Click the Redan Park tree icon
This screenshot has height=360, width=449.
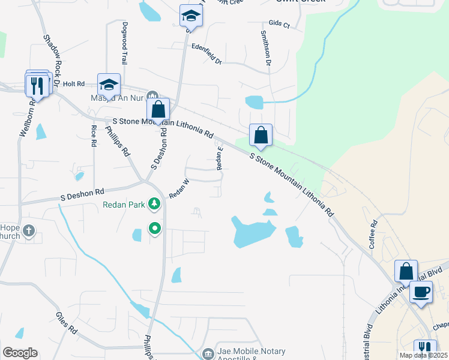tap(155, 205)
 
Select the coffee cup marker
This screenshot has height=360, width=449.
tap(420, 293)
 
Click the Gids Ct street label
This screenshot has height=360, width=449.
tap(280, 25)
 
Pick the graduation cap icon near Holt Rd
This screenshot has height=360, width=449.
tap(109, 84)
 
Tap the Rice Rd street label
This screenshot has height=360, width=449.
tap(94, 136)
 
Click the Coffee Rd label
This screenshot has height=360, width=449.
tap(373, 235)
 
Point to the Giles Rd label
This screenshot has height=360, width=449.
tap(67, 322)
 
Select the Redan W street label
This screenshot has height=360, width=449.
tap(179, 188)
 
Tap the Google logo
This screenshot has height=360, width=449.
tap(20, 353)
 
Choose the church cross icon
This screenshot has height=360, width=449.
tap(29, 230)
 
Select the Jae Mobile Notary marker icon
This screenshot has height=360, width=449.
tap(208, 353)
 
